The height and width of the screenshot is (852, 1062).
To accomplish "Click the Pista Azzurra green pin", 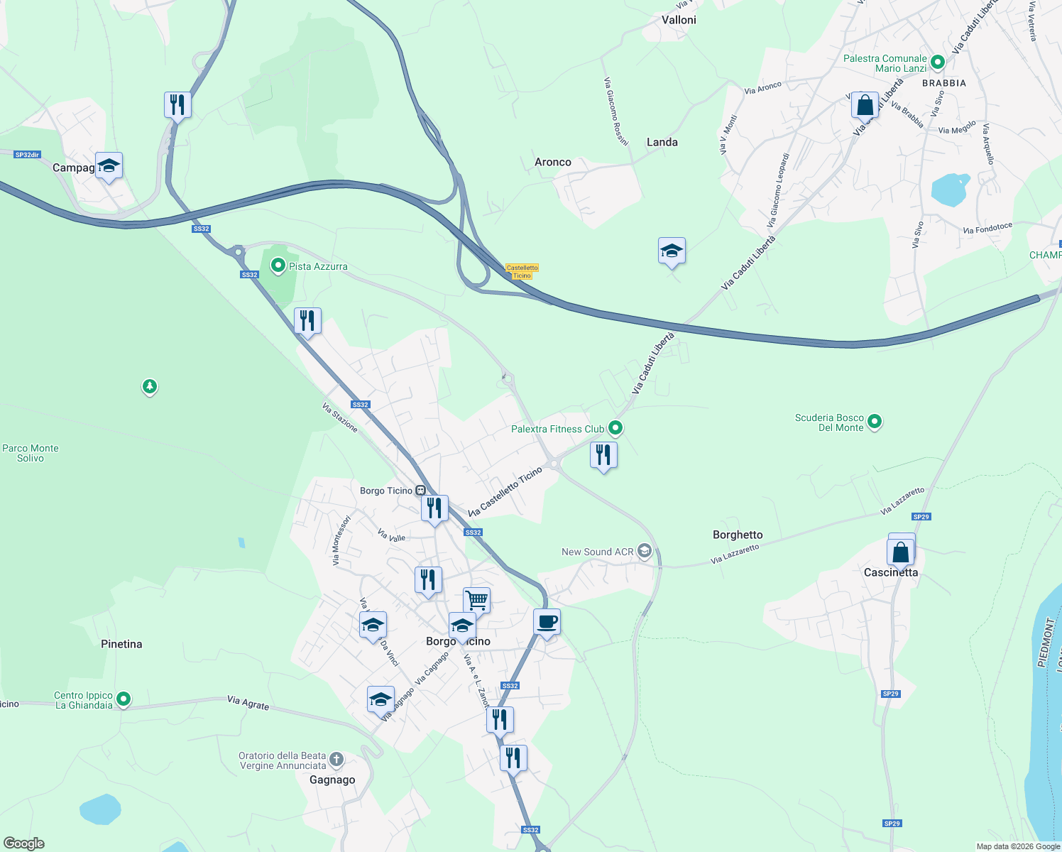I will [278, 266].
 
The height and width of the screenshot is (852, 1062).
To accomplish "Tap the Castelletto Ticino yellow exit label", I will [522, 271].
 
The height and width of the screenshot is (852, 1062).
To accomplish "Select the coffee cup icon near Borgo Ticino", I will [547, 623].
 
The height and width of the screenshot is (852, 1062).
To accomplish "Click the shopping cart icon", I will [476, 600].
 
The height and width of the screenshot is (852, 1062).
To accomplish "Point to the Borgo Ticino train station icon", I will [421, 491].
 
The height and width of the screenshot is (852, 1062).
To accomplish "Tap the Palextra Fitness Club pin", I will [615, 428].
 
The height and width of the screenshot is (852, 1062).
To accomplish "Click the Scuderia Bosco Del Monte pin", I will [875, 422].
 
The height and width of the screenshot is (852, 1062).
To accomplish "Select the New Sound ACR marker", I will [645, 552].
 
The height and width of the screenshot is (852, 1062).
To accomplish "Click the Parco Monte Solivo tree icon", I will [149, 387].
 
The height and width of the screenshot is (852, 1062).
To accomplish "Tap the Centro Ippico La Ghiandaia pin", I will [124, 699].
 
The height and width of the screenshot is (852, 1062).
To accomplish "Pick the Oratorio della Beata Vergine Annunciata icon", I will [336, 760].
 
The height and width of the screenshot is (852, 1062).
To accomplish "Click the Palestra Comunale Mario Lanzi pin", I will [937, 62].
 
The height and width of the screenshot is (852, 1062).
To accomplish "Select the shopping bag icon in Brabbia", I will [865, 105].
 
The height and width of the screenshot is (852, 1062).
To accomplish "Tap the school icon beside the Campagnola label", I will [109, 166].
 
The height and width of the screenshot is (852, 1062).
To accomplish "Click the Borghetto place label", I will [738, 535].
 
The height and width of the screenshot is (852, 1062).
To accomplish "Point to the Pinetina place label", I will [121, 644].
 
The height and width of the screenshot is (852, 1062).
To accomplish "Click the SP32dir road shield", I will [27, 154].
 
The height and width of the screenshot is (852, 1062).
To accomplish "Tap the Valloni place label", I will [679, 20].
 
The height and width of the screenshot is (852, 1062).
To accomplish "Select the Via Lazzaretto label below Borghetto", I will [735, 554].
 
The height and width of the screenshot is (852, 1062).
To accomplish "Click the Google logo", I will [24, 843].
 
